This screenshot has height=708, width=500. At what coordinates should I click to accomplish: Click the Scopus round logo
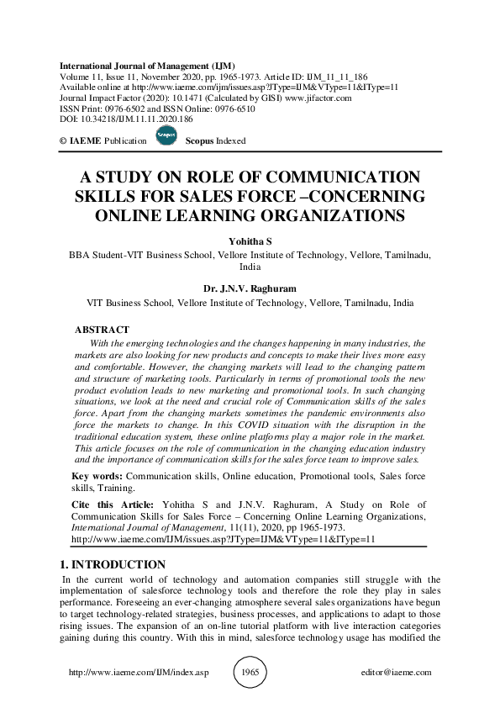pyautogui.click(x=166, y=140)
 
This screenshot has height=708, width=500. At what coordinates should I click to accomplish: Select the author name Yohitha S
pyautogui.click(x=250, y=241)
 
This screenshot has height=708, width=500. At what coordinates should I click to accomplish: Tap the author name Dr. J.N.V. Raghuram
pyautogui.click(x=250, y=288)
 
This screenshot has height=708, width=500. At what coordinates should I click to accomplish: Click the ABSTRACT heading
pyautogui.click(x=102, y=330)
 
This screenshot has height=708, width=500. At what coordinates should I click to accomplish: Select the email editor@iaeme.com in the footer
pyautogui.click(x=395, y=673)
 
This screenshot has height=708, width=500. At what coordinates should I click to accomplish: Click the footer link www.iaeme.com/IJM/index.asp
pyautogui.click(x=137, y=673)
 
